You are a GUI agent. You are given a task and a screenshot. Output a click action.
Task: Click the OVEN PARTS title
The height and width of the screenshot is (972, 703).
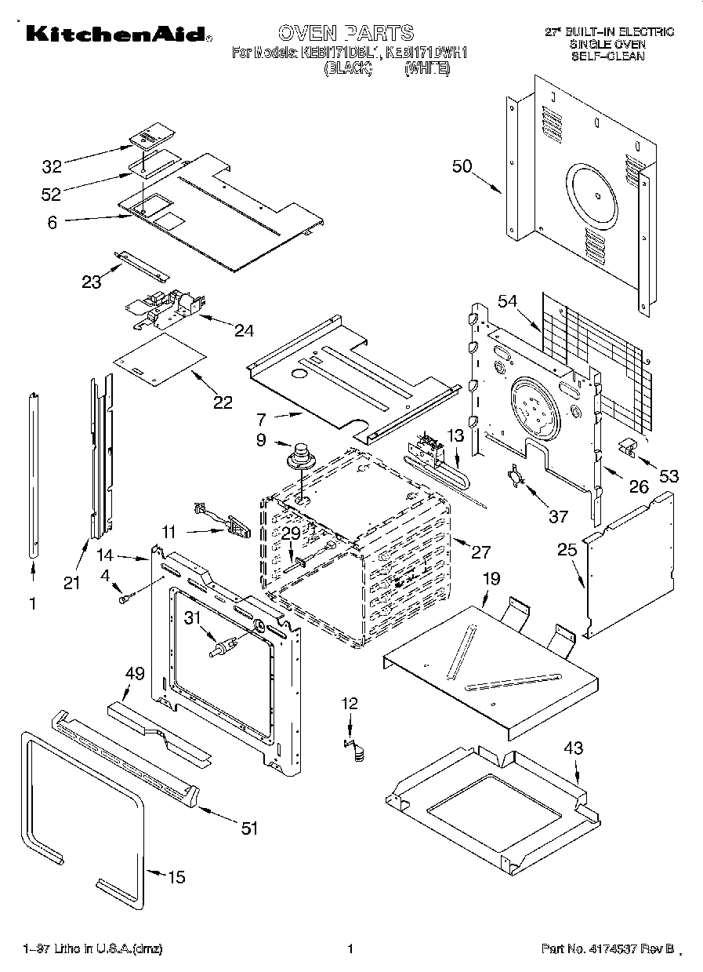pyautogui.click(x=346, y=33)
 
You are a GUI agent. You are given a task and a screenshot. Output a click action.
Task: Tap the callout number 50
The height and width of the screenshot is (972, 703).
pyautogui.click(x=462, y=166)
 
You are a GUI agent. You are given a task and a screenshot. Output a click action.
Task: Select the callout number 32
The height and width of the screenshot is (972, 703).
pyautogui.click(x=52, y=166)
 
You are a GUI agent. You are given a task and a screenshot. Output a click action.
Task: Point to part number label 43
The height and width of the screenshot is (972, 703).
pyautogui.click(x=574, y=748)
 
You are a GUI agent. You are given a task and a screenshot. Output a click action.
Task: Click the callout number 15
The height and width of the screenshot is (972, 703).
pyautogui.click(x=177, y=877)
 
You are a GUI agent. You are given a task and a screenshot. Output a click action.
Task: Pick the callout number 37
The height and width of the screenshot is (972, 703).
pyautogui.click(x=558, y=515)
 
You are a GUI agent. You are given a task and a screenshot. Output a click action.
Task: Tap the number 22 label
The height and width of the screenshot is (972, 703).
pyautogui.click(x=223, y=402)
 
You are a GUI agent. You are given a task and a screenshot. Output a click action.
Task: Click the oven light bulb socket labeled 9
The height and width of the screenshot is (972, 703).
pyautogui.click(x=299, y=456)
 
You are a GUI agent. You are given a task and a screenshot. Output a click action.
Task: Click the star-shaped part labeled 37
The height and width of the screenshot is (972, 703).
pyautogui.click(x=515, y=477)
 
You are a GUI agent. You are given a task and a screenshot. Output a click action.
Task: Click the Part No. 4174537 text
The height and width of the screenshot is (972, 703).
pyautogui.click(x=607, y=949)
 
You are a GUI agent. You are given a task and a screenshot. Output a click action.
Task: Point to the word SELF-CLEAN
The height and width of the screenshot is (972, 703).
pyautogui.click(x=607, y=56)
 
